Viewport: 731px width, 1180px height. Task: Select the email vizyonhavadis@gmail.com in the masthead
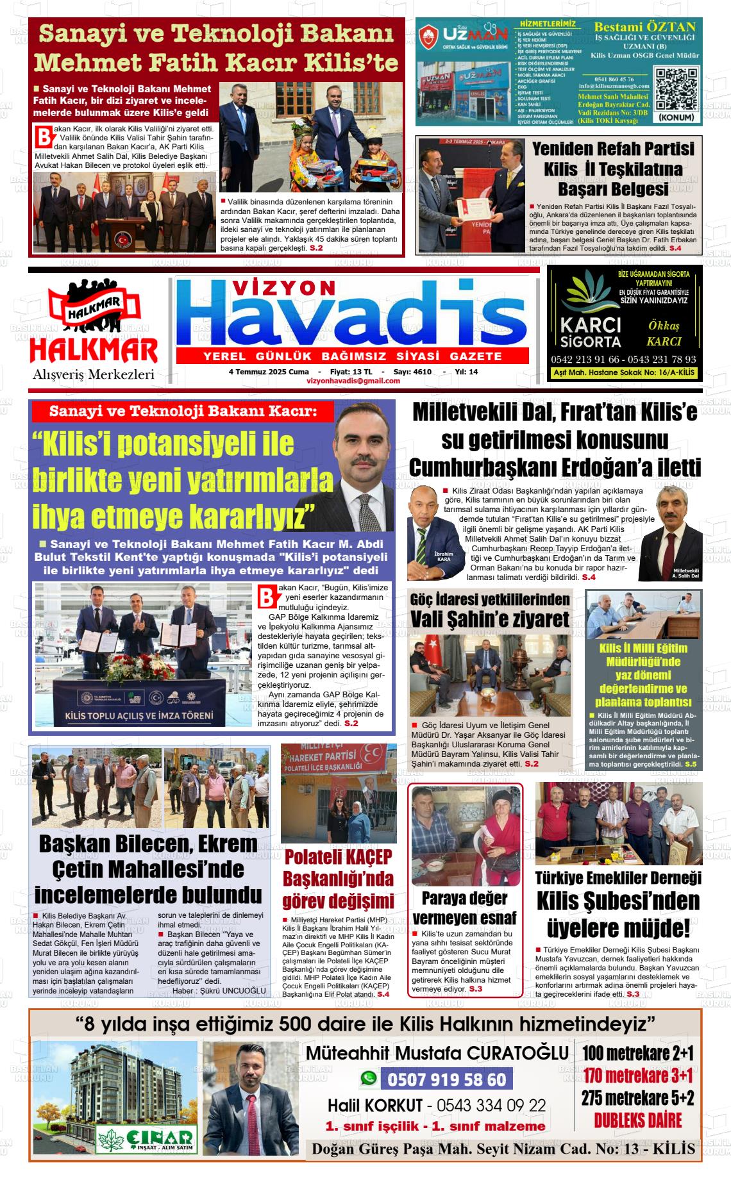(353, 381)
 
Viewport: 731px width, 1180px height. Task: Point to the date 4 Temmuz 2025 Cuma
(269, 372)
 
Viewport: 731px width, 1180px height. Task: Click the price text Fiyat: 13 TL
(351, 372)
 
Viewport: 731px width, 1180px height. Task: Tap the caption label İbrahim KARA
(425, 556)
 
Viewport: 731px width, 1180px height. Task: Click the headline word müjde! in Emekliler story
(619, 927)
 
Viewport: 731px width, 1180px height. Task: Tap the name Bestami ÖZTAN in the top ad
(644, 27)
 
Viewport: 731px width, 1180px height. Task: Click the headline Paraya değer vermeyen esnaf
(464, 908)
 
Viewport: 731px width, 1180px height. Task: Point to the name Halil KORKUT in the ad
(375, 1106)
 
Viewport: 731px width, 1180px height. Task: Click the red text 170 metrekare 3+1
(637, 1076)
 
